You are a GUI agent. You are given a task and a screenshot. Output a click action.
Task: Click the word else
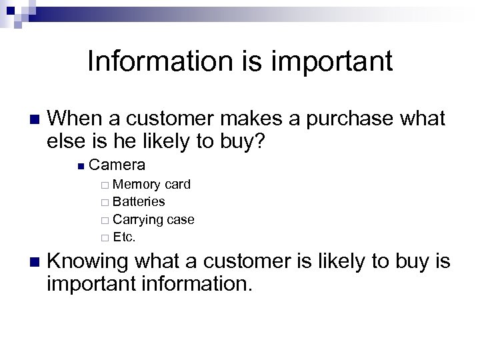tap(65, 141)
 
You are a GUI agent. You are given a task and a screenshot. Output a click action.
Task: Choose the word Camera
tap(117, 165)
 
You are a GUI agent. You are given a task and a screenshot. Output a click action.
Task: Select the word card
tap(177, 185)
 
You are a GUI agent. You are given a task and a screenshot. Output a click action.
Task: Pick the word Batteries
tap(139, 201)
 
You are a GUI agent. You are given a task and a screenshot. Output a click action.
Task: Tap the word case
tap(181, 219)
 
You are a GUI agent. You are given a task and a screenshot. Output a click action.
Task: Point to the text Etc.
tap(125, 237)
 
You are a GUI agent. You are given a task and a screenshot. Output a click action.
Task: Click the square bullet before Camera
tap(80, 165)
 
